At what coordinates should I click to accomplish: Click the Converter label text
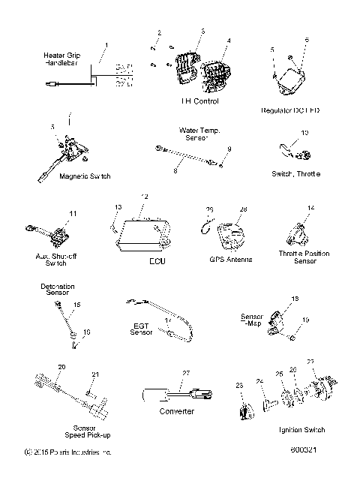pyautogui.click(x=178, y=411)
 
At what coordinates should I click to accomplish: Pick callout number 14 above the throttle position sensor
pyautogui.click(x=310, y=207)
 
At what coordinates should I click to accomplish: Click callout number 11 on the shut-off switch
pyautogui.click(x=72, y=214)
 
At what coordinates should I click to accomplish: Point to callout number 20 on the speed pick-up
pyautogui.click(x=61, y=366)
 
